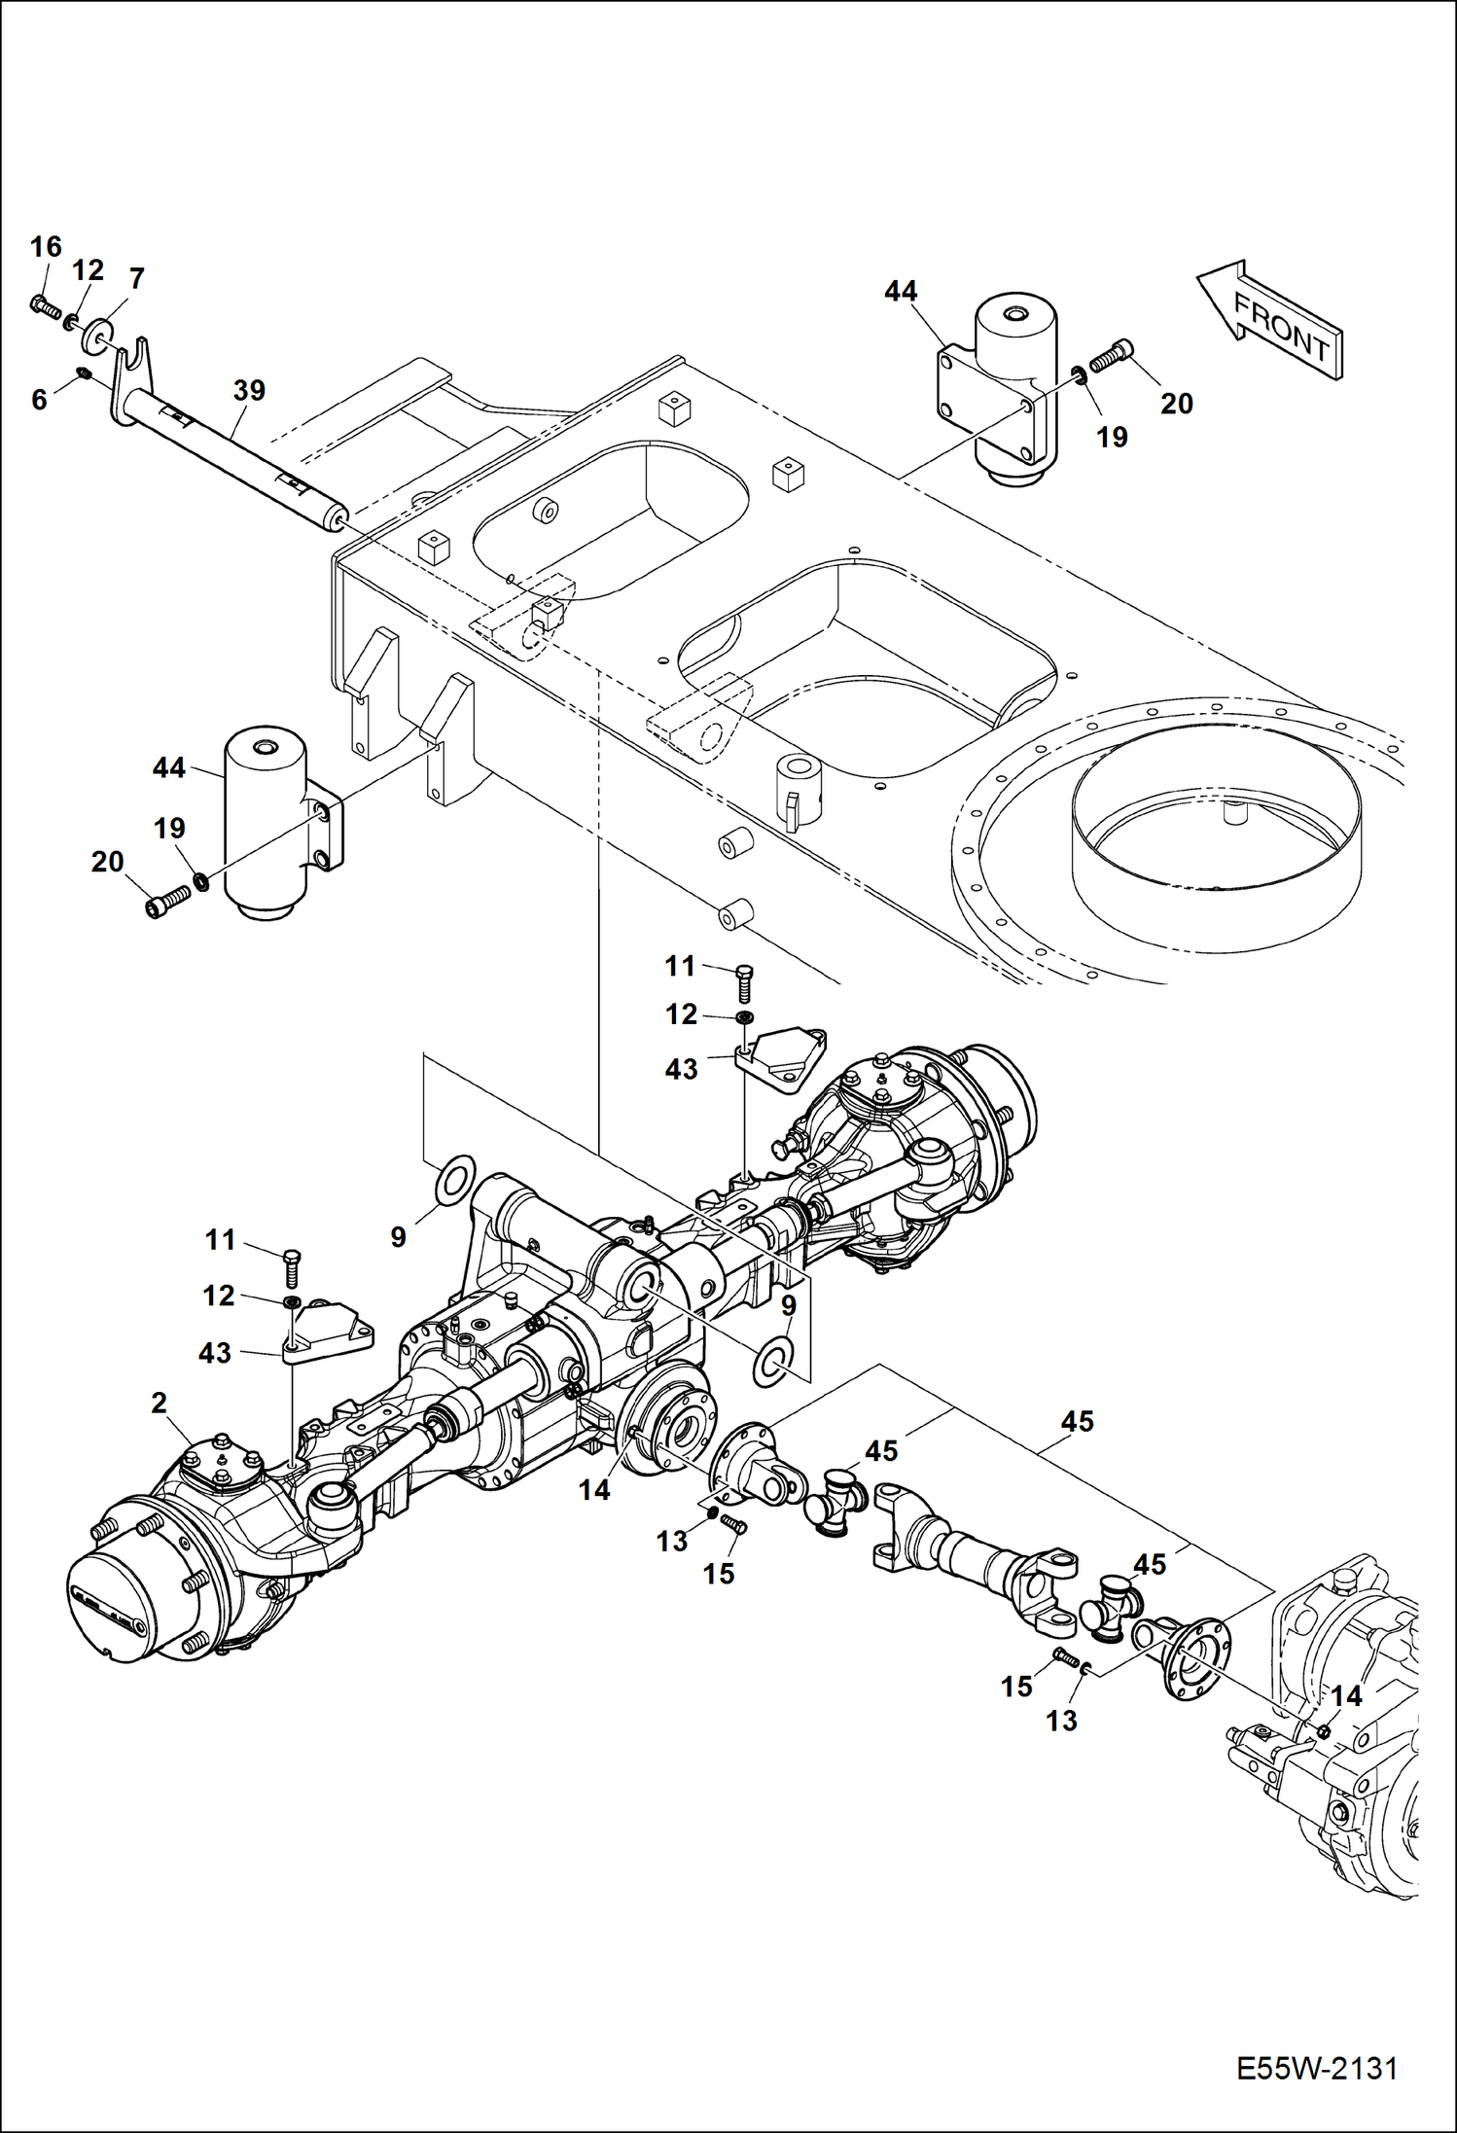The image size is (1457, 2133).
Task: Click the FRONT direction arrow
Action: pyautogui.click(x=1270, y=320)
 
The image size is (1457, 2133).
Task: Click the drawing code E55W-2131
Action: pyautogui.click(x=1317, y=2068)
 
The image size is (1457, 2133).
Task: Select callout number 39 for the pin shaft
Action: pyautogui.click(x=249, y=391)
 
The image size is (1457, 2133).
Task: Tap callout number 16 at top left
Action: pyautogui.click(x=46, y=247)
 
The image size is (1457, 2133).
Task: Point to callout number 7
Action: pyautogui.click(x=136, y=279)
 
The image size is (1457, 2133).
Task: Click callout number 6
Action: pyautogui.click(x=39, y=399)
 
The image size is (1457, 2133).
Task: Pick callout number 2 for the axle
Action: pyautogui.click(x=159, y=1403)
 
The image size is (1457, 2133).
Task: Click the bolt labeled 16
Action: pyautogui.click(x=45, y=307)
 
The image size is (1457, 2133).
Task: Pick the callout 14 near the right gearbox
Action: pyautogui.click(x=1347, y=1695)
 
